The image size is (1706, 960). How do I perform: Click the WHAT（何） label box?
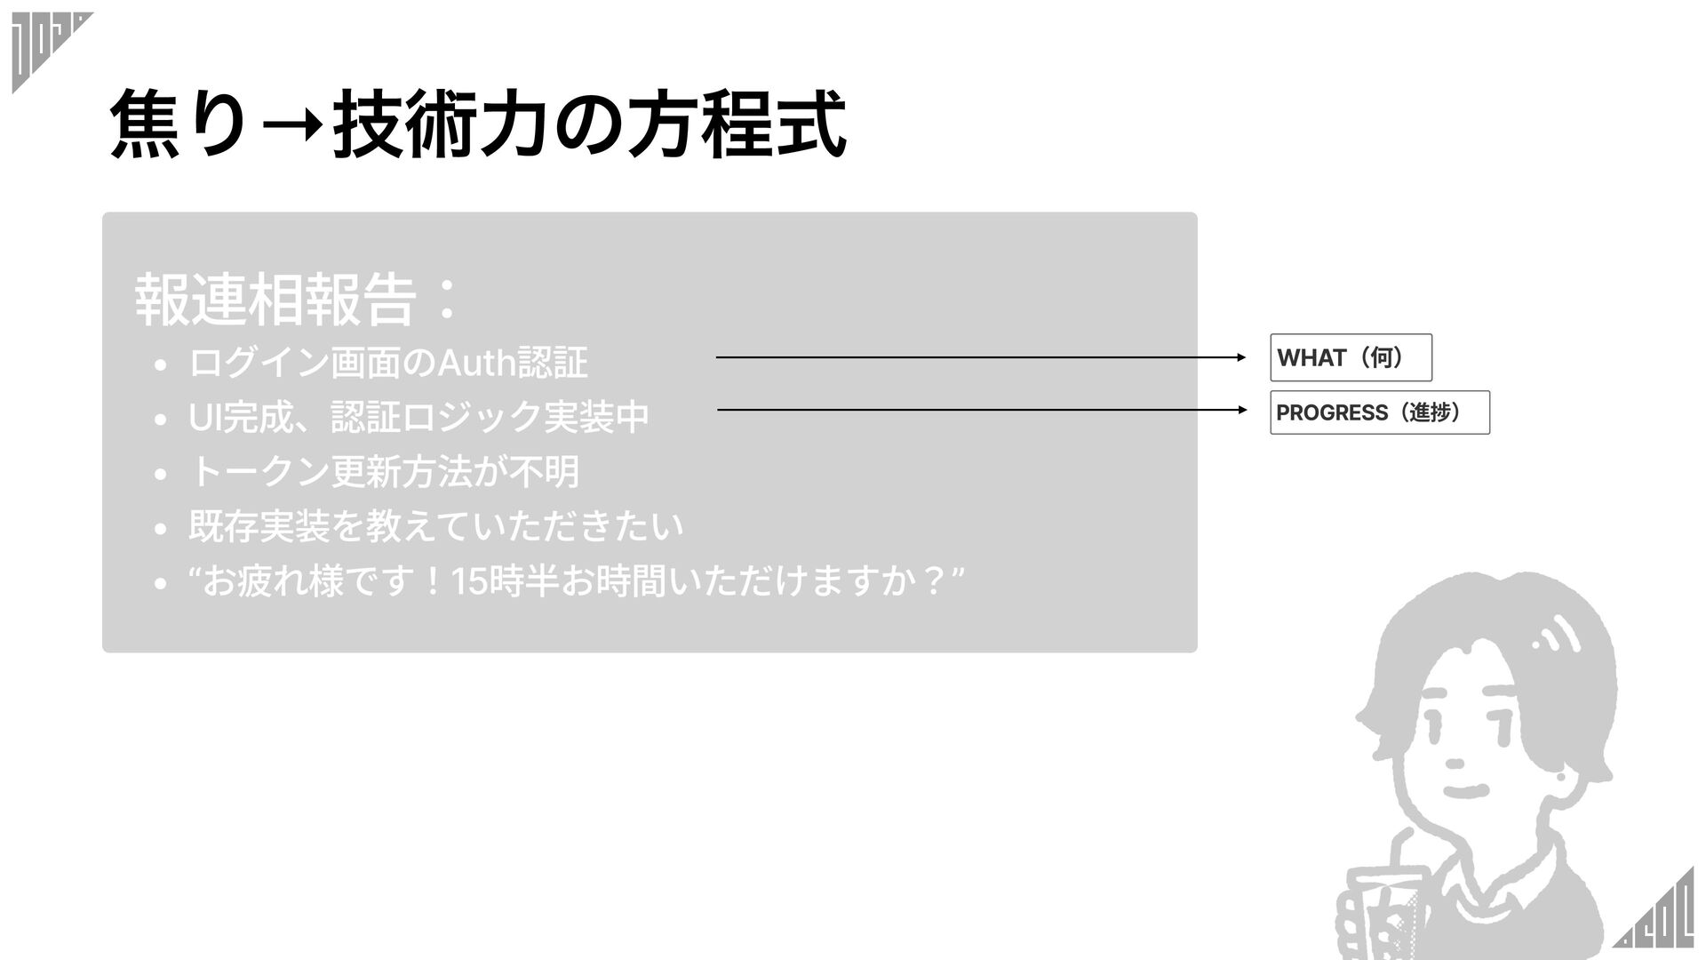1351,357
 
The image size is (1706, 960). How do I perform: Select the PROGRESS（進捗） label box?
1379,412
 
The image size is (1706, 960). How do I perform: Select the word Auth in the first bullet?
476,363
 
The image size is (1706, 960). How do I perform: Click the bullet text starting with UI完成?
419,417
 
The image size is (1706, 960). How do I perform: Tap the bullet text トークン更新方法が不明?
384,472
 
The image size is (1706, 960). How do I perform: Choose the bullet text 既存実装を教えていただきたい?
436,526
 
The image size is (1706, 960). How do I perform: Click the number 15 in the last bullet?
469,583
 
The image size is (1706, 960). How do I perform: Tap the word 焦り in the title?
178,126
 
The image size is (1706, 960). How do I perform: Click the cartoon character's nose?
1455,762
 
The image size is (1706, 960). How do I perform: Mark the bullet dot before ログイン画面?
160,365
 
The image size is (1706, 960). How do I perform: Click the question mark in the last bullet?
933,583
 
